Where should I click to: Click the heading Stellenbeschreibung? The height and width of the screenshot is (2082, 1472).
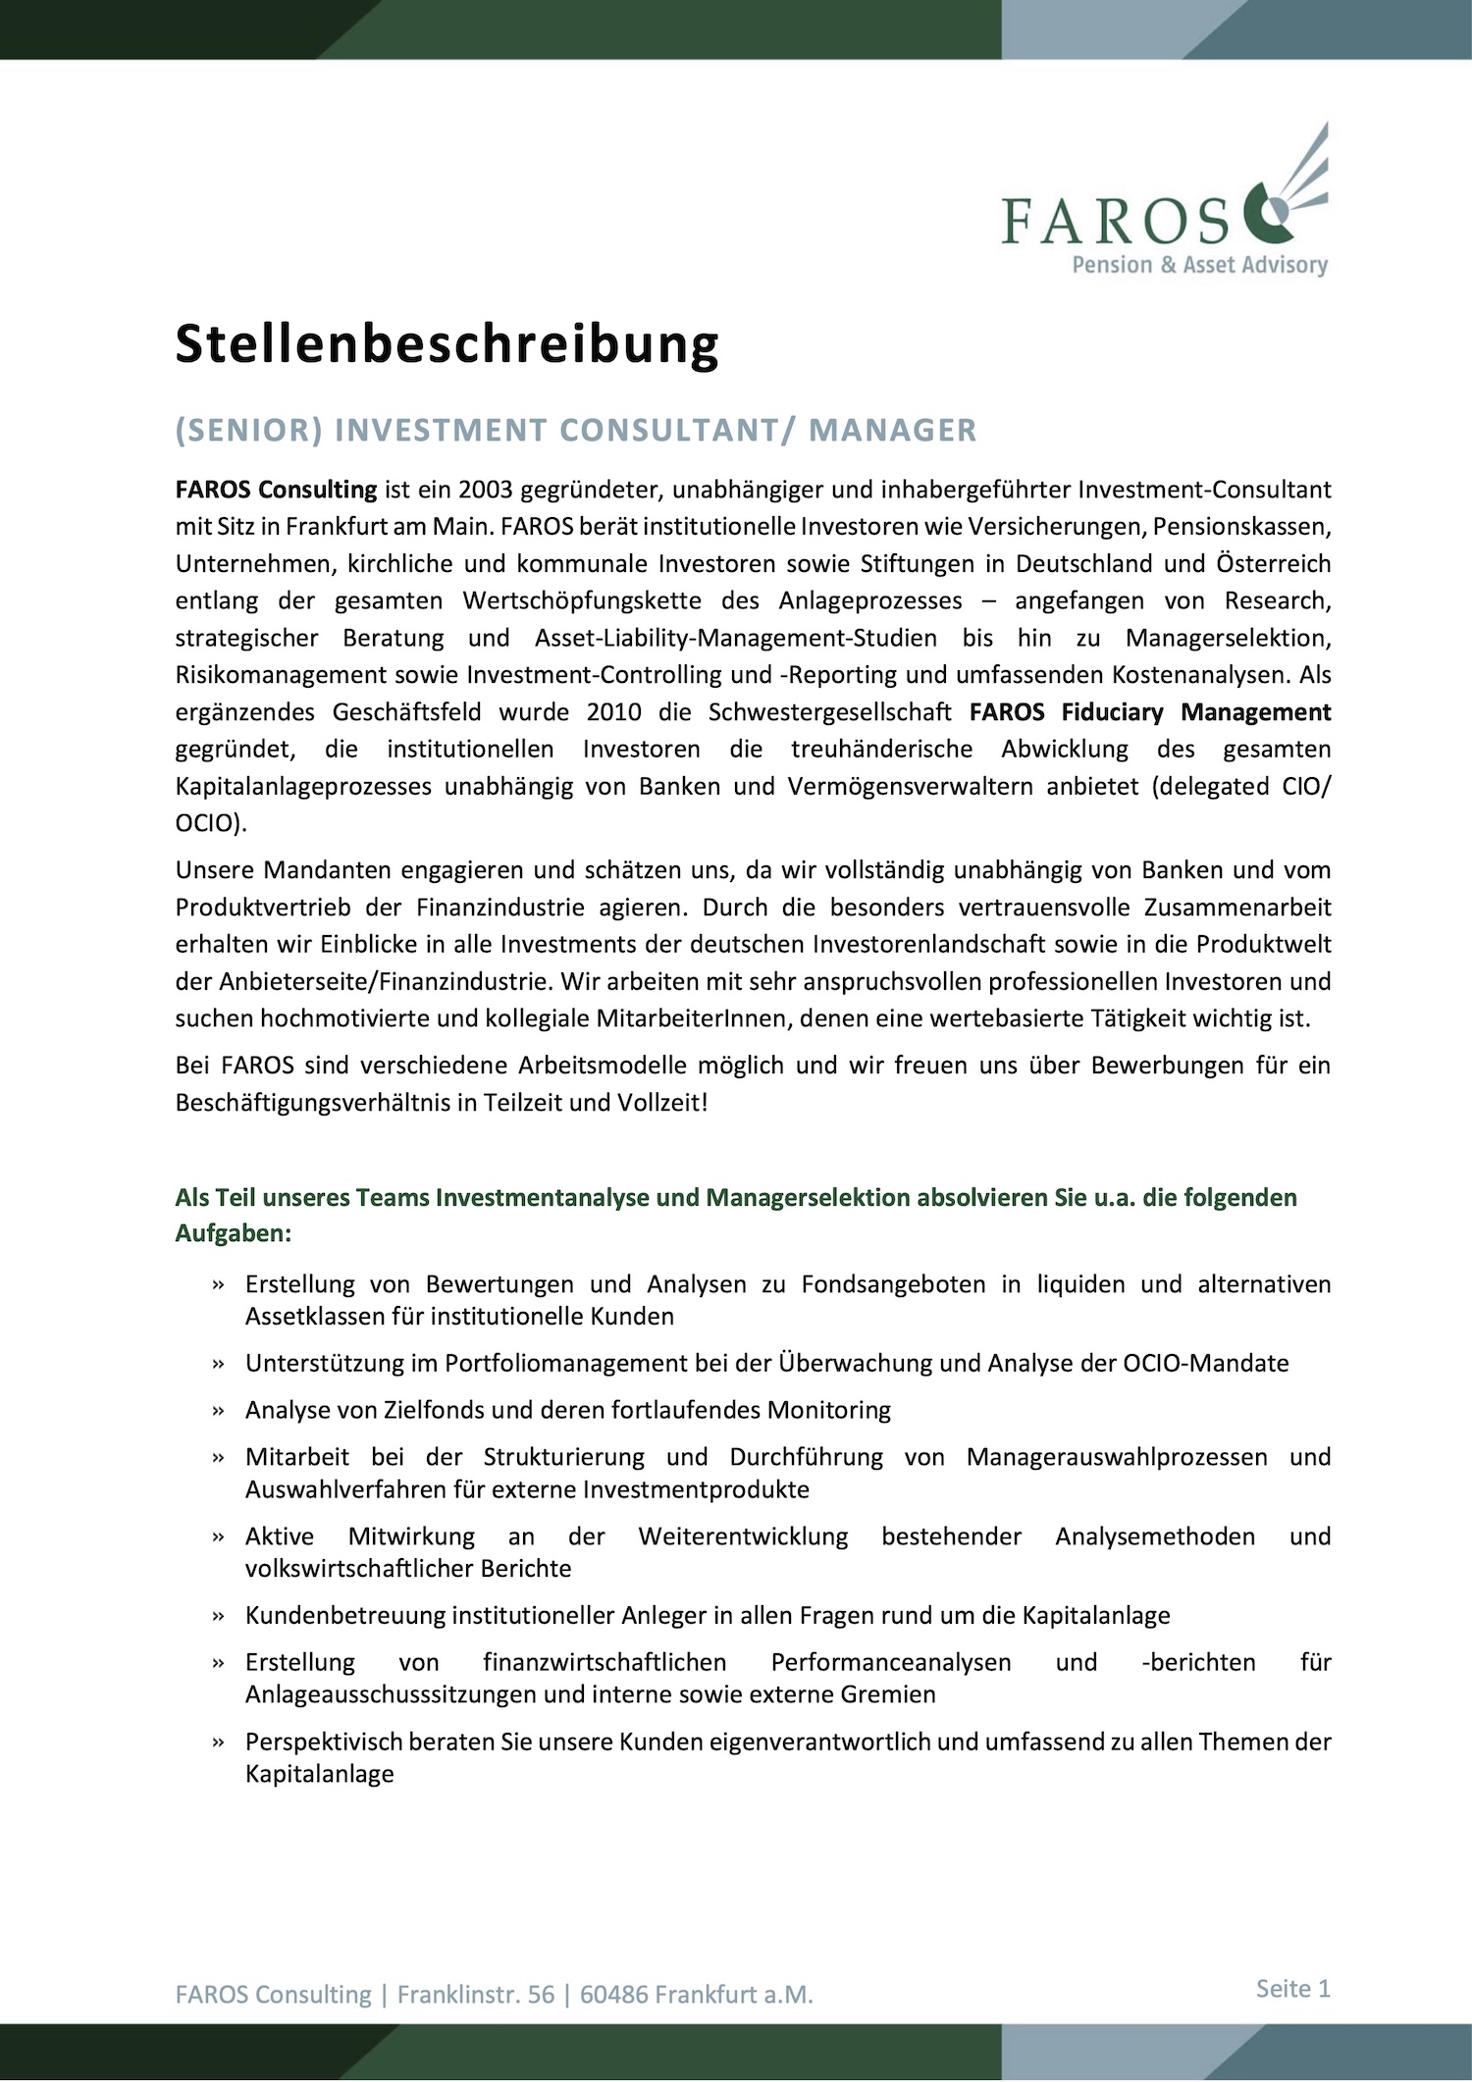447,344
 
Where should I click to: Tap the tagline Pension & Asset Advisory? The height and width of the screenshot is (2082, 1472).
1199,265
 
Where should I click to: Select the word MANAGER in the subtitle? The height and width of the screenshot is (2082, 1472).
892,431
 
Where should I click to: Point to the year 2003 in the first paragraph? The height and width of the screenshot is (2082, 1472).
485,490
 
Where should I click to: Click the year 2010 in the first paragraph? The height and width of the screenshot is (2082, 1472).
614,712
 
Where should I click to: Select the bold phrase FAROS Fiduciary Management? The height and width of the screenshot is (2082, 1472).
1149,712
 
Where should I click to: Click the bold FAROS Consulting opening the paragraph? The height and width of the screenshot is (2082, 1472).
276,490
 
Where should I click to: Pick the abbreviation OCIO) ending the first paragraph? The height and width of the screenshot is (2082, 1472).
211,823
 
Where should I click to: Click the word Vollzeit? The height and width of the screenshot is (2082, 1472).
662,1103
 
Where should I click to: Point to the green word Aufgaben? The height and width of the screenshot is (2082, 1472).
234,1233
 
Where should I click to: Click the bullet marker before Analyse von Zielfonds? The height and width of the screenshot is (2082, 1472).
219,1412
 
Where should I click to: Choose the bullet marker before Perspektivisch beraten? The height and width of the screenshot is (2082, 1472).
219,1744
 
